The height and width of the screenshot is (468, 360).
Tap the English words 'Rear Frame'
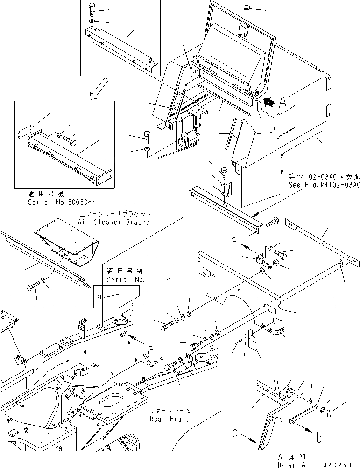170,419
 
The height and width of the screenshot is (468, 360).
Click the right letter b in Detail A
319,438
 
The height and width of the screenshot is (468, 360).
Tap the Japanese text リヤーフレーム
169,411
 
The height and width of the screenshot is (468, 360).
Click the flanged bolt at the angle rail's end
273,224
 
